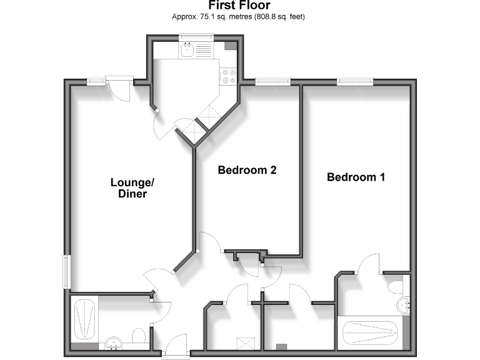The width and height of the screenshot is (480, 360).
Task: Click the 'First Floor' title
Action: coord(239,6)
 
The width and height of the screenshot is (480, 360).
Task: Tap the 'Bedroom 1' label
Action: coord(356,177)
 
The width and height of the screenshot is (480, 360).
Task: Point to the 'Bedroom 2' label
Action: coord(247,169)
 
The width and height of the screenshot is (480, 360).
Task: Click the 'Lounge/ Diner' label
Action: coord(132,188)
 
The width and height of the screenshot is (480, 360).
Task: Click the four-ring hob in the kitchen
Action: coord(227,75)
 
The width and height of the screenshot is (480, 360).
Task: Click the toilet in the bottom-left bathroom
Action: coord(139,335)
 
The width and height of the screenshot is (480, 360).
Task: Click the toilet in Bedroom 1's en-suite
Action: coord(396,286)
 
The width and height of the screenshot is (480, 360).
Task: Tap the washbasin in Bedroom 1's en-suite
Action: coord(404,305)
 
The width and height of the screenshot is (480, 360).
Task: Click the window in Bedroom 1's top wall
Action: coord(355,80)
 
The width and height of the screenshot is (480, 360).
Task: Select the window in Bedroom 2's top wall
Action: coord(272,80)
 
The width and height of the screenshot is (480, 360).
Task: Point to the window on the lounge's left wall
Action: coord(66,271)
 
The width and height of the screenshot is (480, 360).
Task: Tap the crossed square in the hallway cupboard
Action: coord(245,342)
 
